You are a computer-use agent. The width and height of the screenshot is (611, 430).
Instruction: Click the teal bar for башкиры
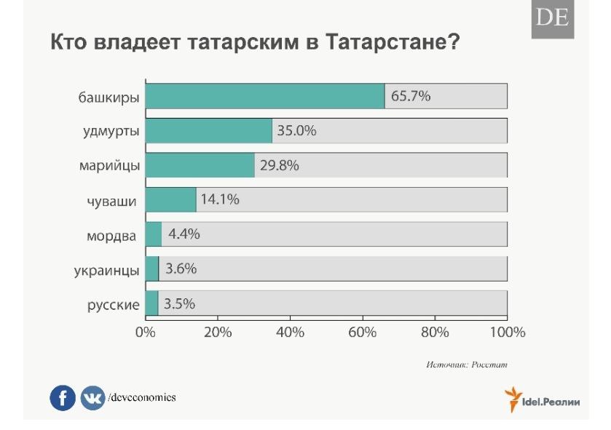265,96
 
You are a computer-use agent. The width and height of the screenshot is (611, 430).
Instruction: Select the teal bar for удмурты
209,131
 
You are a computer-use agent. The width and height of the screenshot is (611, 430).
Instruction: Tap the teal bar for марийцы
200,165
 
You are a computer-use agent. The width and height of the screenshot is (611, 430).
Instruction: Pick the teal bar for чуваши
171,199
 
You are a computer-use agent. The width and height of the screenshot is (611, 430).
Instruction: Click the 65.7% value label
411,96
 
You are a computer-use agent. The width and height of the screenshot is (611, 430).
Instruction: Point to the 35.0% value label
296,131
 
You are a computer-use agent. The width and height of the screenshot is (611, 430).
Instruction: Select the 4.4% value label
184,234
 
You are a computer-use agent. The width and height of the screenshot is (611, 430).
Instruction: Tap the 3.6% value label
181,268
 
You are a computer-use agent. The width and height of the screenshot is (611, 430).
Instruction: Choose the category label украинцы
106,270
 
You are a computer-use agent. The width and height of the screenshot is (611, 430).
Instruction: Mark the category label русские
109,304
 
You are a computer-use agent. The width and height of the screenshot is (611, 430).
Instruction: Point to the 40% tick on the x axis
290,333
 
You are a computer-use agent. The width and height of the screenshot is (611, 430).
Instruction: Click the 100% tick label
507,333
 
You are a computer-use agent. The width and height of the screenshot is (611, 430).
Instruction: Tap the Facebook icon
63,398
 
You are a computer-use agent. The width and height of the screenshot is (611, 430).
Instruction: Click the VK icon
92,398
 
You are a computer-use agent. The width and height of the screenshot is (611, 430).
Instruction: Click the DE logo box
552,18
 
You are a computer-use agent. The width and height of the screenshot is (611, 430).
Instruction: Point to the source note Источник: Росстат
466,363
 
